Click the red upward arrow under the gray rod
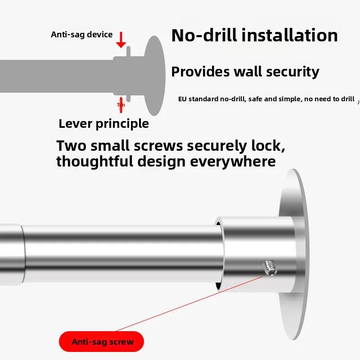(x=121, y=104)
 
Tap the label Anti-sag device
(x=82, y=35)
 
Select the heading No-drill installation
(x=255, y=36)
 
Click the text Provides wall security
(x=245, y=72)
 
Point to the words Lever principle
(x=103, y=123)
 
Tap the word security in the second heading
(x=292, y=72)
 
